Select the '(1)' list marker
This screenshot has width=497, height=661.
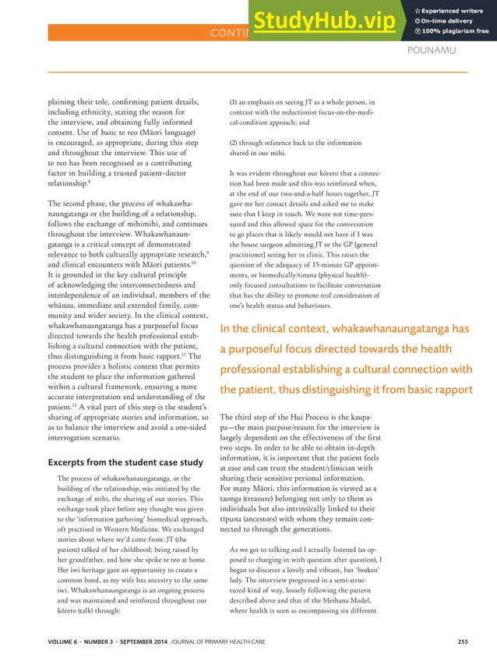pos(234,101)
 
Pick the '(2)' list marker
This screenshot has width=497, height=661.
pos(234,143)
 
